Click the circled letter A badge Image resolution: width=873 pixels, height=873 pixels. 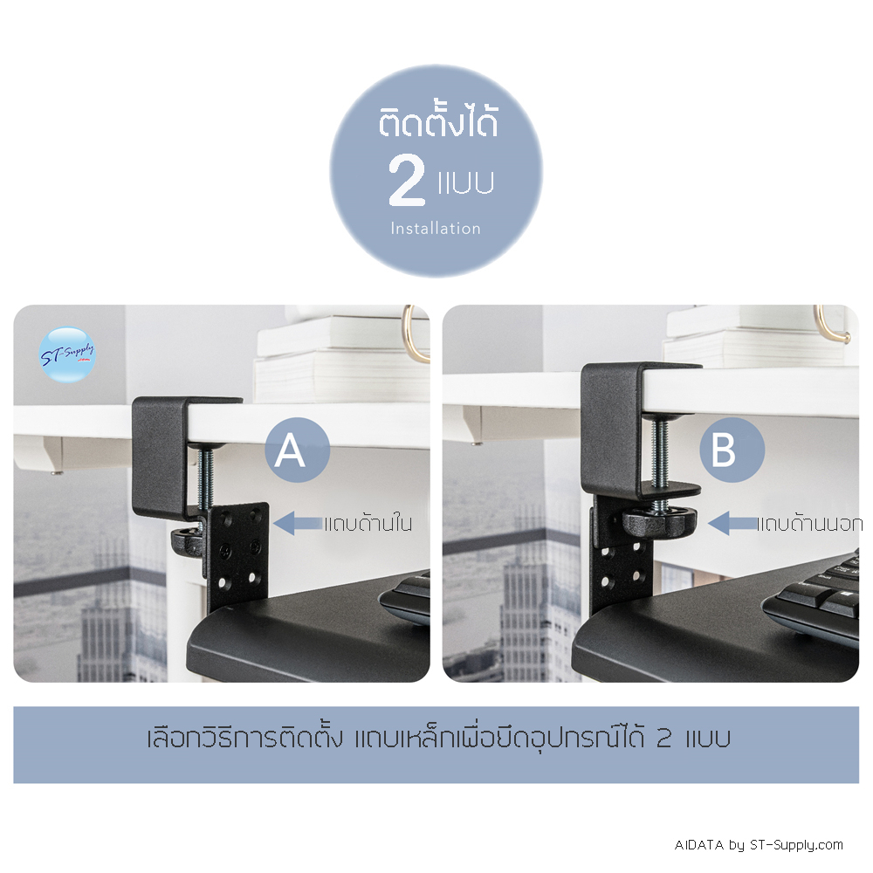point(298,450)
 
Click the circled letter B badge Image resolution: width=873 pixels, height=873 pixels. point(732,450)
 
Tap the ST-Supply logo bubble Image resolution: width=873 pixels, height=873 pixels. point(67,354)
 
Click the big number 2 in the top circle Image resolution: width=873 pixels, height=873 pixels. point(407,181)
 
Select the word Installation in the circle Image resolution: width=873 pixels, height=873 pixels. point(436,228)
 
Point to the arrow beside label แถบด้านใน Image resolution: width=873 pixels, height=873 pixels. point(298,523)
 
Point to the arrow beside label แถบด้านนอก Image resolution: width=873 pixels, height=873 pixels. point(732,523)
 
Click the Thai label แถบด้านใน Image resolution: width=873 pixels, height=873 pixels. point(368,523)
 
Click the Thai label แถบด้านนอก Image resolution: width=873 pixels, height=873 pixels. point(810,523)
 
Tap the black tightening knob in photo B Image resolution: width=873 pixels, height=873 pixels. point(659,522)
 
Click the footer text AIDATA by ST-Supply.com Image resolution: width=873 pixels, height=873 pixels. point(759,845)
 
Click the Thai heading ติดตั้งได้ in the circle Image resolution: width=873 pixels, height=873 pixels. point(438,122)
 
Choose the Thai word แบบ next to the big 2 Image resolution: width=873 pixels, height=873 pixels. point(466,182)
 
